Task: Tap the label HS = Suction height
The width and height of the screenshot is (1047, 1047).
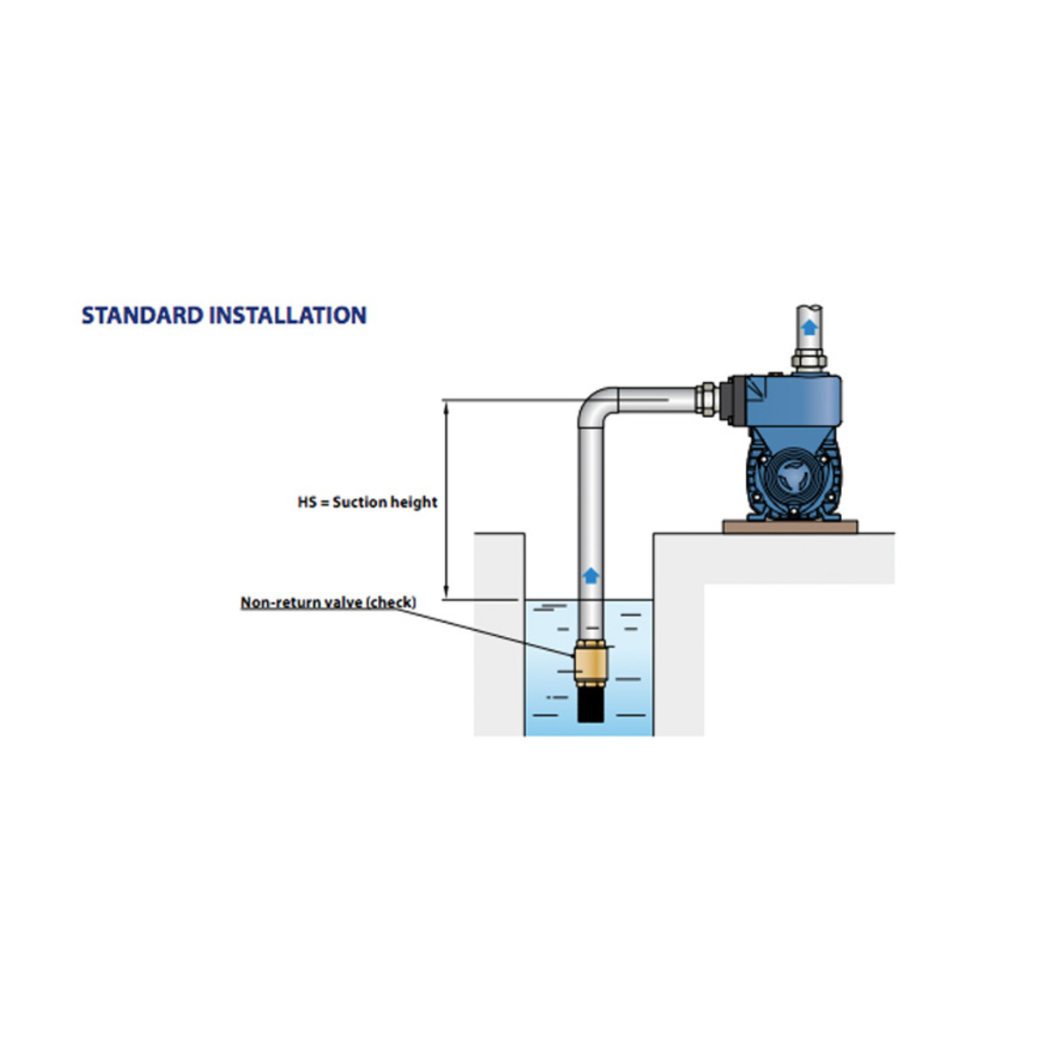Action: [x=367, y=503]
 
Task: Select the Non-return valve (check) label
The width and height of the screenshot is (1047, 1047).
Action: [x=328, y=603]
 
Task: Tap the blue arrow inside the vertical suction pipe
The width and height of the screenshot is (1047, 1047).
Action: [x=591, y=575]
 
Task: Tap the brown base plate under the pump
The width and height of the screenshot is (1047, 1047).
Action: [x=790, y=526]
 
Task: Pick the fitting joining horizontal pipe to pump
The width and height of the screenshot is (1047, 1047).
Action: [x=705, y=400]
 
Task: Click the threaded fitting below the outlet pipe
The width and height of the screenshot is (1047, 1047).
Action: [x=810, y=359]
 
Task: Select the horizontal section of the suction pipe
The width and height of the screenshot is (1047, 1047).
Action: [x=654, y=400]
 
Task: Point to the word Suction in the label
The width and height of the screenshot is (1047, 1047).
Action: [x=359, y=503]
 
